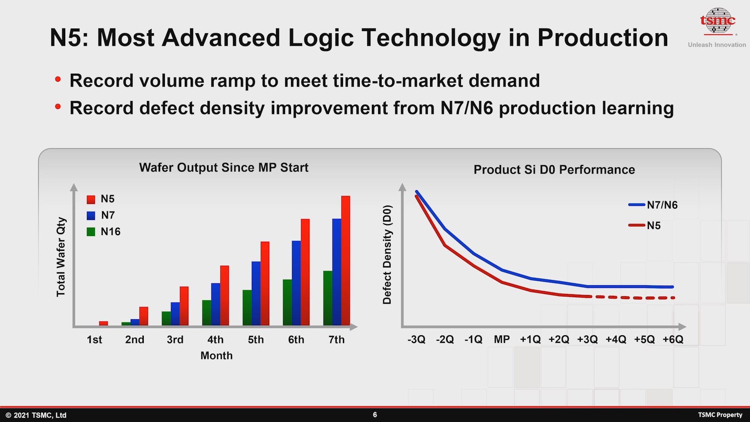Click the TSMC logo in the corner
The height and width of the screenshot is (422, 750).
coord(717,21)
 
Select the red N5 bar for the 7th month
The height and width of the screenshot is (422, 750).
coord(345,260)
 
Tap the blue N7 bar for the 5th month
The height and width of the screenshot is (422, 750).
coord(256,293)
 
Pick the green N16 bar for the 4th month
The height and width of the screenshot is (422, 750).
coord(207,313)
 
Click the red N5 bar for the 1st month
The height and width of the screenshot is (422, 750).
coord(104,323)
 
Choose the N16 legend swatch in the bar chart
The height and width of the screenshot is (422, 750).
coord(91,232)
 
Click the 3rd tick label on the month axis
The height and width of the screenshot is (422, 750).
coord(175,340)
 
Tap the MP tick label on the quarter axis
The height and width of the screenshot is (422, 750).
coord(502,339)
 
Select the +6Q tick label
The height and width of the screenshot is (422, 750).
coord(673,339)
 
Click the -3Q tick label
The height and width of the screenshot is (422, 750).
coord(416,339)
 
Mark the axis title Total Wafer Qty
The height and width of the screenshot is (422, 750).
coord(61,257)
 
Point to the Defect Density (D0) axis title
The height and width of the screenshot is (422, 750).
coord(387,255)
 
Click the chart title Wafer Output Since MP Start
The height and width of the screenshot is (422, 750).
coord(223,168)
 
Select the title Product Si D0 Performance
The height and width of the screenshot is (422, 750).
coord(554,170)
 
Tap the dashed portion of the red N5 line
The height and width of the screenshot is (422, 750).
coord(633,298)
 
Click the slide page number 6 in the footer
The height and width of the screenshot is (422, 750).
coord(375,415)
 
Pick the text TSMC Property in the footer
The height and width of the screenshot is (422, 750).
coord(720,415)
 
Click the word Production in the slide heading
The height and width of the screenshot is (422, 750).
coord(602,38)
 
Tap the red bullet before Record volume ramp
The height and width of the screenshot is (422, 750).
coord(58,80)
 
